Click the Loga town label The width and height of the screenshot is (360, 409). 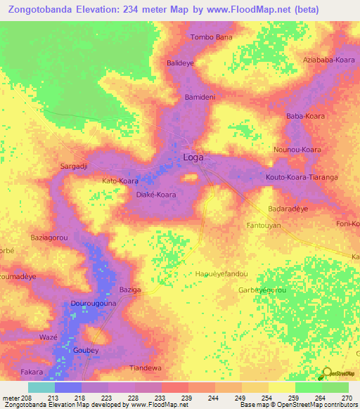click(x=193, y=157)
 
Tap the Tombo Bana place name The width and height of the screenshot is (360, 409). click(x=211, y=37)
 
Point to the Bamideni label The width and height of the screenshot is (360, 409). click(x=199, y=96)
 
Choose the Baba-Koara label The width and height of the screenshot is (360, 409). click(x=304, y=115)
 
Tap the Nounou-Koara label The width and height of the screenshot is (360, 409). click(x=297, y=150)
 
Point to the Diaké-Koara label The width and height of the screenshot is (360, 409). click(x=155, y=194)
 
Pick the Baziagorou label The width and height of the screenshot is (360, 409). click(x=49, y=238)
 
